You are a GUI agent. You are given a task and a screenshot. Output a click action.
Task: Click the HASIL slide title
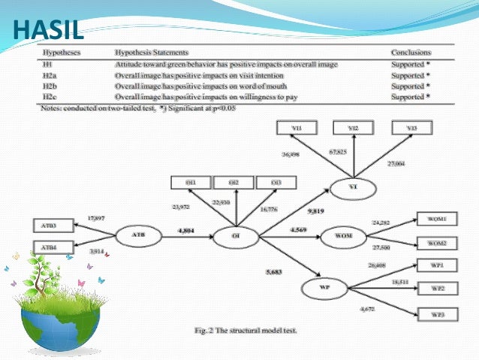[47, 31]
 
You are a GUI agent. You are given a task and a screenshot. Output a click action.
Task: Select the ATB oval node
[138, 234]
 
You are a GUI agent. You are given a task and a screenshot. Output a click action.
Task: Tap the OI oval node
[236, 234]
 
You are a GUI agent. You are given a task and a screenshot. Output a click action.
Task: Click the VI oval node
[354, 186]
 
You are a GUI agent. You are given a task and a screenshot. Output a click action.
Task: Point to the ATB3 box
[50, 225]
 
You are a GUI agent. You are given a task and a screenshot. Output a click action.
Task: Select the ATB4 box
[50, 247]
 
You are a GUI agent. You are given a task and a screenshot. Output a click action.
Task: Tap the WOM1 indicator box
[436, 219]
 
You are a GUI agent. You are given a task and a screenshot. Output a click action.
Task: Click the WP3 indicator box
[436, 314]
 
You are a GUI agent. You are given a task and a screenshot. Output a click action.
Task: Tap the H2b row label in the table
[50, 86]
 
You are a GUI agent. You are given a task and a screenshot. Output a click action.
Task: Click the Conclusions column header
[411, 54]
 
